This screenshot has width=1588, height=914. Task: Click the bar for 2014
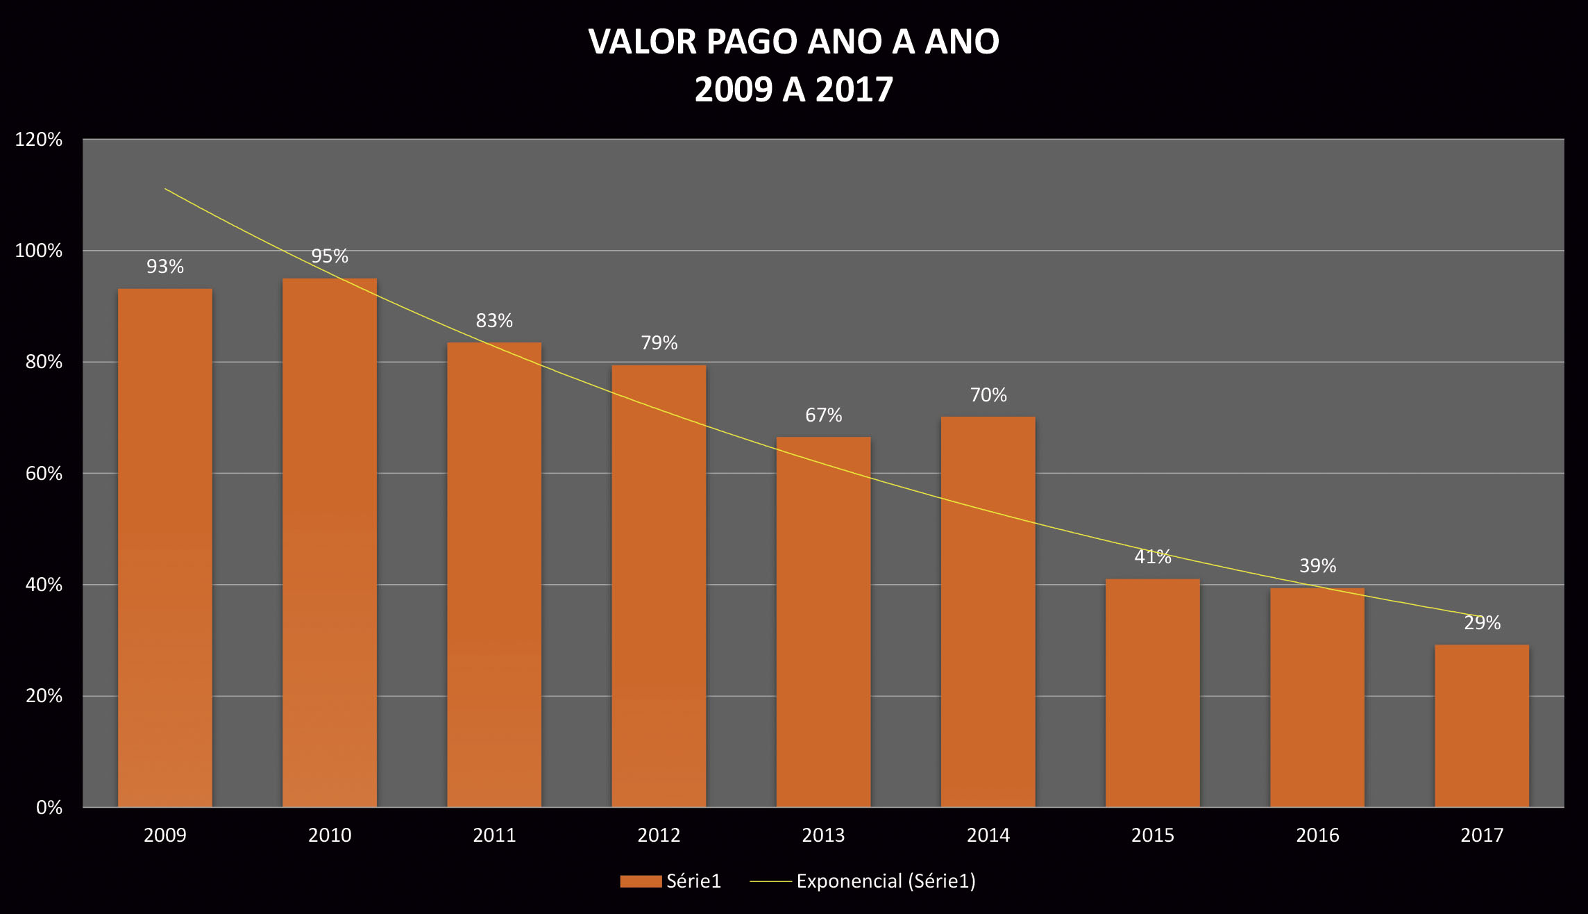tap(988, 611)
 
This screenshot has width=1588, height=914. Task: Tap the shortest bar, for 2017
tap(1482, 725)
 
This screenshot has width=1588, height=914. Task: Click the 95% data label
tap(330, 256)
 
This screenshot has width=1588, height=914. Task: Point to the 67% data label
tap(823, 415)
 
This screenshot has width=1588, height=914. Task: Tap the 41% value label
tap(1152, 557)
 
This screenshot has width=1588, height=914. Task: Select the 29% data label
tap(1482, 623)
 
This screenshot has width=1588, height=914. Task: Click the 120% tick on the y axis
tap(39, 140)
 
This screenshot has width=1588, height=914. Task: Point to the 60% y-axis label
tap(44, 474)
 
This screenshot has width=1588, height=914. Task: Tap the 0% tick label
tap(49, 808)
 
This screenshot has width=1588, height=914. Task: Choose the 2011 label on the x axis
tap(494, 835)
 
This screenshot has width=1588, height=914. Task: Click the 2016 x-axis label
tap(1317, 835)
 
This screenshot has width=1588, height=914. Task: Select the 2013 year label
tap(823, 835)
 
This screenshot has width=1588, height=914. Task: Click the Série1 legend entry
tap(693, 881)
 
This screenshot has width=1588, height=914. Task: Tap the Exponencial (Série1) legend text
tap(886, 881)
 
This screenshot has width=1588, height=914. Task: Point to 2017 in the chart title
tap(854, 90)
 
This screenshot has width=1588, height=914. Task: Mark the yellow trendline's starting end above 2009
tap(166, 189)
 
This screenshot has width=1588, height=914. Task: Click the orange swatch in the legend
tap(640, 881)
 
